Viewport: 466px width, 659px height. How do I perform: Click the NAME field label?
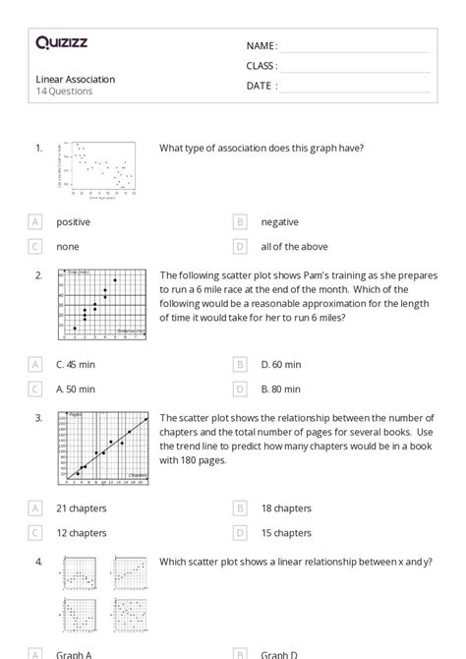(x=262, y=46)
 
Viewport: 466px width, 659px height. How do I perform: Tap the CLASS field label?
(x=262, y=66)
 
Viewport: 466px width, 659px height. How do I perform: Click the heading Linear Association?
(x=76, y=79)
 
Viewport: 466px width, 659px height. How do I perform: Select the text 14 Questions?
(x=65, y=91)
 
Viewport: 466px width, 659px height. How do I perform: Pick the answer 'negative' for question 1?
(x=279, y=222)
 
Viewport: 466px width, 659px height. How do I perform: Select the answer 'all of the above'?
(x=294, y=247)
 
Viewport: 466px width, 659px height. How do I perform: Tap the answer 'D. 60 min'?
(x=281, y=364)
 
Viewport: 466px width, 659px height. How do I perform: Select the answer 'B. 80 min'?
(x=281, y=389)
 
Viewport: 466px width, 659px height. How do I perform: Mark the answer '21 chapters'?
(x=82, y=509)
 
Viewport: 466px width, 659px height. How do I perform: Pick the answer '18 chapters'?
(x=286, y=509)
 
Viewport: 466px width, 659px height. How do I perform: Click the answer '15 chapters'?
(x=286, y=533)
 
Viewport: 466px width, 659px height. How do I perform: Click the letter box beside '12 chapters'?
(x=36, y=533)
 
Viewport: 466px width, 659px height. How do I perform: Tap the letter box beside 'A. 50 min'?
(x=36, y=389)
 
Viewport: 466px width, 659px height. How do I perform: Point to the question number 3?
(x=38, y=418)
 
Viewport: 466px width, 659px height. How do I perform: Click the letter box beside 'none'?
(x=36, y=247)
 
